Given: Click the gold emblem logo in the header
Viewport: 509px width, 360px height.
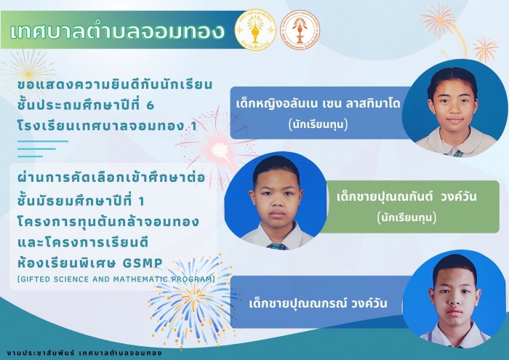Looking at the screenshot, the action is click(x=255, y=30).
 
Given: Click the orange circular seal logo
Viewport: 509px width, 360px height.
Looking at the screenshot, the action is click(x=300, y=30).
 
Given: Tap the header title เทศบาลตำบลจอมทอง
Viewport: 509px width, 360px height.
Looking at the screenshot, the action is click(x=117, y=31).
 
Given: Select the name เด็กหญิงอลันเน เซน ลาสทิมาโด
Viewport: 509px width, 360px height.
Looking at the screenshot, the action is click(x=318, y=104).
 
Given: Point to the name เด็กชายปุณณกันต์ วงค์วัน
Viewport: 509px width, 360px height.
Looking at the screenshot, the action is click(x=406, y=196).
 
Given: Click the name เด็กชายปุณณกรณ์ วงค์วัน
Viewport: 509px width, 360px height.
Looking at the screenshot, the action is click(x=318, y=303).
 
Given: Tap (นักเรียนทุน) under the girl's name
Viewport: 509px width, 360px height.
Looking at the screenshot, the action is click(x=318, y=124).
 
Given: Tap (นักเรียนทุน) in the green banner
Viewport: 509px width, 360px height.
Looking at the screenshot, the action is click(x=406, y=217).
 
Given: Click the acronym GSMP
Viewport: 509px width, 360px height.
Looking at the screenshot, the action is click(x=143, y=263).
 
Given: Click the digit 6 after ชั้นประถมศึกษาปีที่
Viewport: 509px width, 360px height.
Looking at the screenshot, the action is click(x=150, y=105).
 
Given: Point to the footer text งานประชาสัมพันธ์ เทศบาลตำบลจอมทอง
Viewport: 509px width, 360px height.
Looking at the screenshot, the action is click(x=84, y=353).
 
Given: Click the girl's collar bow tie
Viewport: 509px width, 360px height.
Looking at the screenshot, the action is click(x=457, y=153).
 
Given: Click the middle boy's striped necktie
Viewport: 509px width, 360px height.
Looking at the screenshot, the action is click(x=277, y=246).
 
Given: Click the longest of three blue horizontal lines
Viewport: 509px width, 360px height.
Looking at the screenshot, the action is click(x=43, y=141).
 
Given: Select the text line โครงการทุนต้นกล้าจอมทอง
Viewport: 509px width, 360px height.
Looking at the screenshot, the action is click(x=108, y=222).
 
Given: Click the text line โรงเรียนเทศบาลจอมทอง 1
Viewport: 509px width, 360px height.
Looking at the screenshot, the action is click(x=108, y=126).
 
